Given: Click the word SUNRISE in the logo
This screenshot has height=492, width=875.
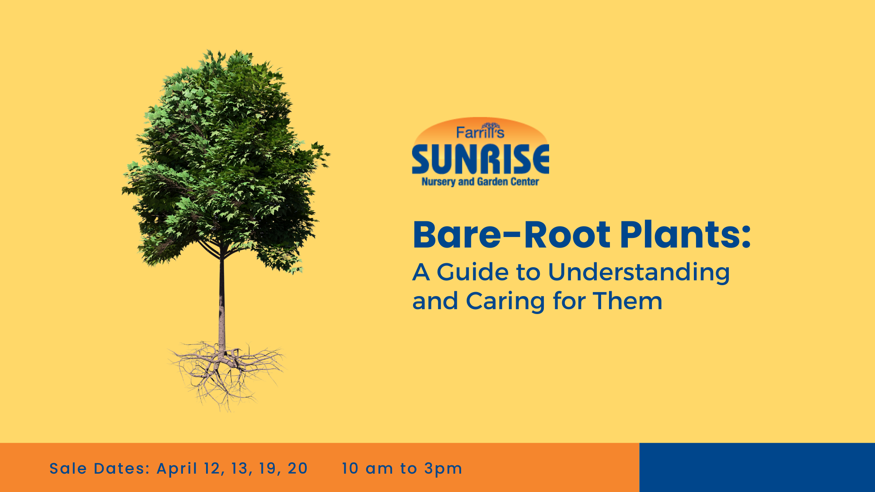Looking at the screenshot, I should tap(480, 160).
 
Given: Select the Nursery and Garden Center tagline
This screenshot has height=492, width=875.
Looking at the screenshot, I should tap(480, 181).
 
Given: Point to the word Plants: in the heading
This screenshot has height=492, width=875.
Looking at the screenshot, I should tap(685, 235).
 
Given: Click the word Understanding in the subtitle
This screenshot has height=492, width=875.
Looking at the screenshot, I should tap(638, 272).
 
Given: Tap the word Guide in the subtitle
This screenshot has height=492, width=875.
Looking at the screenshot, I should tap(472, 272).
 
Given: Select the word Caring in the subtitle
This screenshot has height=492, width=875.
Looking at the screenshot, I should tap(505, 302).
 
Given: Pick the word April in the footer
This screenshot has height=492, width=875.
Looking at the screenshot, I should tap(177, 468).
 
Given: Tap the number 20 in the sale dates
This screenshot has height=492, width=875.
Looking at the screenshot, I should tap(297, 468).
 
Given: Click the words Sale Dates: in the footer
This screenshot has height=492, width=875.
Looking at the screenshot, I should tap(100, 468).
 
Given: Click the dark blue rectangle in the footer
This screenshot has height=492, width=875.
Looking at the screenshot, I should tap(757, 467).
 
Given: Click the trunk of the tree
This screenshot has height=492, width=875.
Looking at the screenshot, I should tap(222, 302).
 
